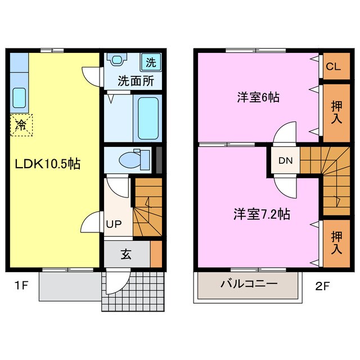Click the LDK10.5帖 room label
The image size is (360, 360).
48,164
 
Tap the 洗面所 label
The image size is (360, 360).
135,80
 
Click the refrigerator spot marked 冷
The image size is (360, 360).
21,125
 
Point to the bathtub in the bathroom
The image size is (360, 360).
148,118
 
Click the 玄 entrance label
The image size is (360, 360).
125,254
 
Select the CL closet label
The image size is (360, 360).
333,67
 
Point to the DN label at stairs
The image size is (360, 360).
283,160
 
